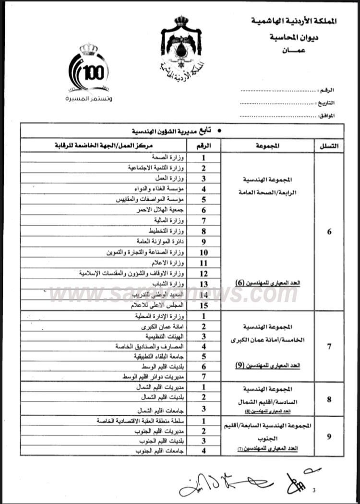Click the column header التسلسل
[328, 145]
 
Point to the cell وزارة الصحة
[169, 157]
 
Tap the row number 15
[204, 305]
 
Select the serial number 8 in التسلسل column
[329, 399]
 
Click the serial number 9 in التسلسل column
[329, 436]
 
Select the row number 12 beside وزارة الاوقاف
[204, 273]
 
